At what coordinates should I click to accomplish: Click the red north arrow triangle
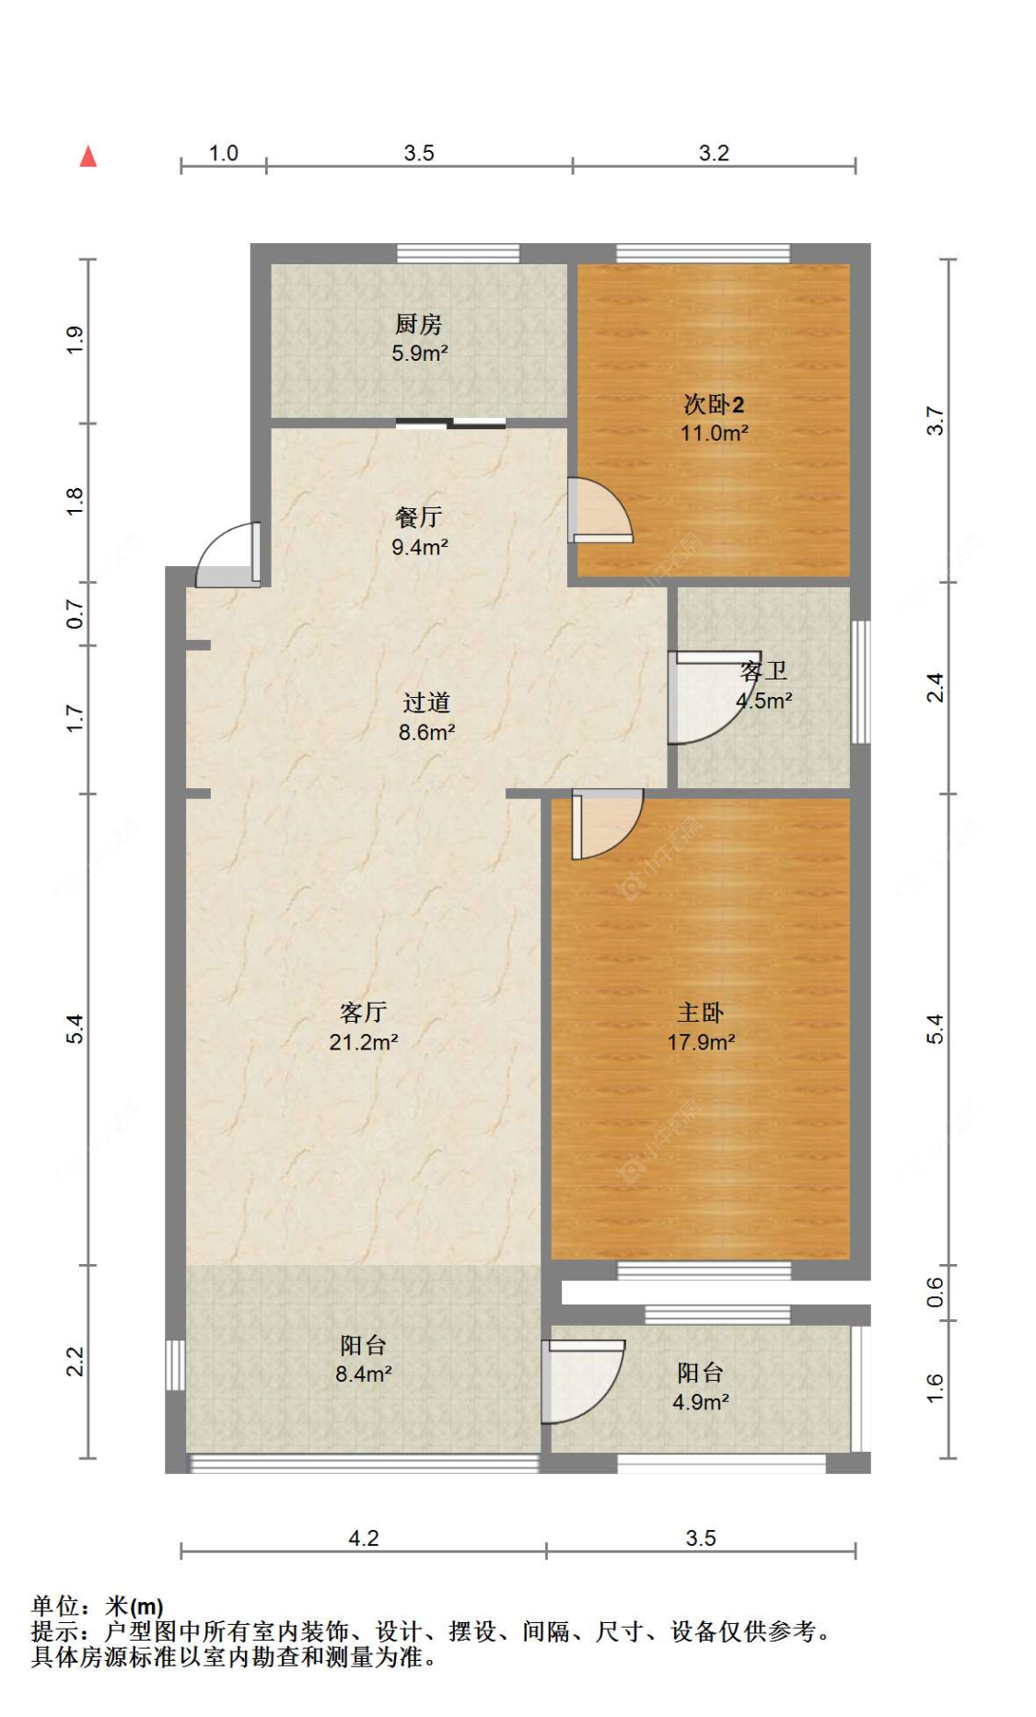tap(88, 157)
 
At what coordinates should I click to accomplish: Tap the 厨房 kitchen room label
tap(418, 324)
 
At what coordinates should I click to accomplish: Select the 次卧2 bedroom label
tap(714, 404)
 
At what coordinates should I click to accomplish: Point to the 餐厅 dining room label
tap(419, 517)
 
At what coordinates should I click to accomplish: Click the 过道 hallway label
tap(426, 702)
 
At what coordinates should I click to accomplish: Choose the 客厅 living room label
tap(363, 1013)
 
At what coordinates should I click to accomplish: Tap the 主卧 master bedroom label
tap(701, 1013)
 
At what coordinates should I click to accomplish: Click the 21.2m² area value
tap(364, 1042)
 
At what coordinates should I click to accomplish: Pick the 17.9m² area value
tap(702, 1042)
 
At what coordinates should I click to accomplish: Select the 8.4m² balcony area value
tap(364, 1375)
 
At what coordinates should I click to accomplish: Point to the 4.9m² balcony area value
tap(701, 1402)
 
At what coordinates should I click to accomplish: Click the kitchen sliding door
tap(451, 423)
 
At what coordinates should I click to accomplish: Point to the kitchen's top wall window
tap(458, 253)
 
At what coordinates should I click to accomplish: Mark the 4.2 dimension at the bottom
tap(364, 1538)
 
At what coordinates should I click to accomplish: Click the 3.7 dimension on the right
tap(935, 421)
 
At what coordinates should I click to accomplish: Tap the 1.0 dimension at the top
tap(224, 153)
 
